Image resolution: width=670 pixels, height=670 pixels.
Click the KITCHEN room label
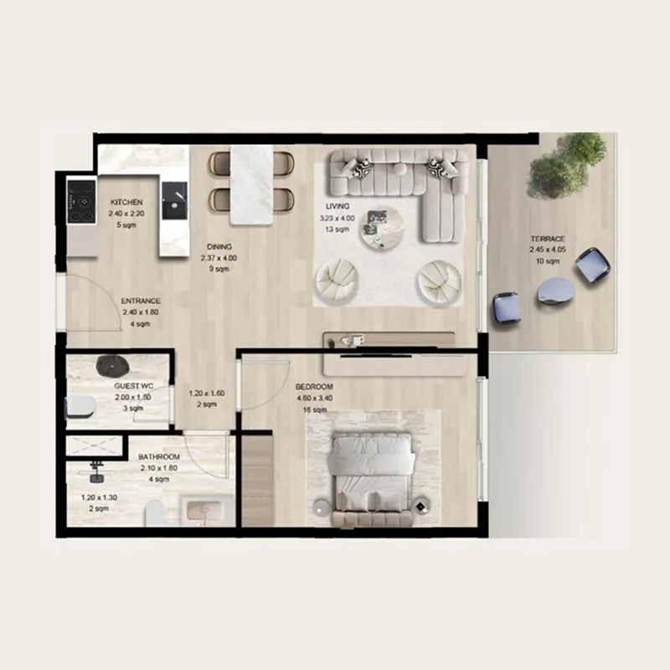[x=127, y=203]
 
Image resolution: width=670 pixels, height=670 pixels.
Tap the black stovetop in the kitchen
[x=82, y=201]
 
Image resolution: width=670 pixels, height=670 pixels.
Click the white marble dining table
[x=252, y=184]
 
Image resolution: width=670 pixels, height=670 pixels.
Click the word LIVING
[x=338, y=206]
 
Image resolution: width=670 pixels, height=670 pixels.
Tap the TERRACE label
[x=546, y=239]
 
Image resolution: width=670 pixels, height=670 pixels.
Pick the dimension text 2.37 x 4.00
[x=219, y=258]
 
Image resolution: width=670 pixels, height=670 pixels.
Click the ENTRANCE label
[x=141, y=301]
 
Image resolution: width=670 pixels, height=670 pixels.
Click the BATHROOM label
[x=159, y=457]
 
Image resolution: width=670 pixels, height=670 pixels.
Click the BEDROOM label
[x=315, y=387]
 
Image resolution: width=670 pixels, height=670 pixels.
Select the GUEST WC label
[x=130, y=387]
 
